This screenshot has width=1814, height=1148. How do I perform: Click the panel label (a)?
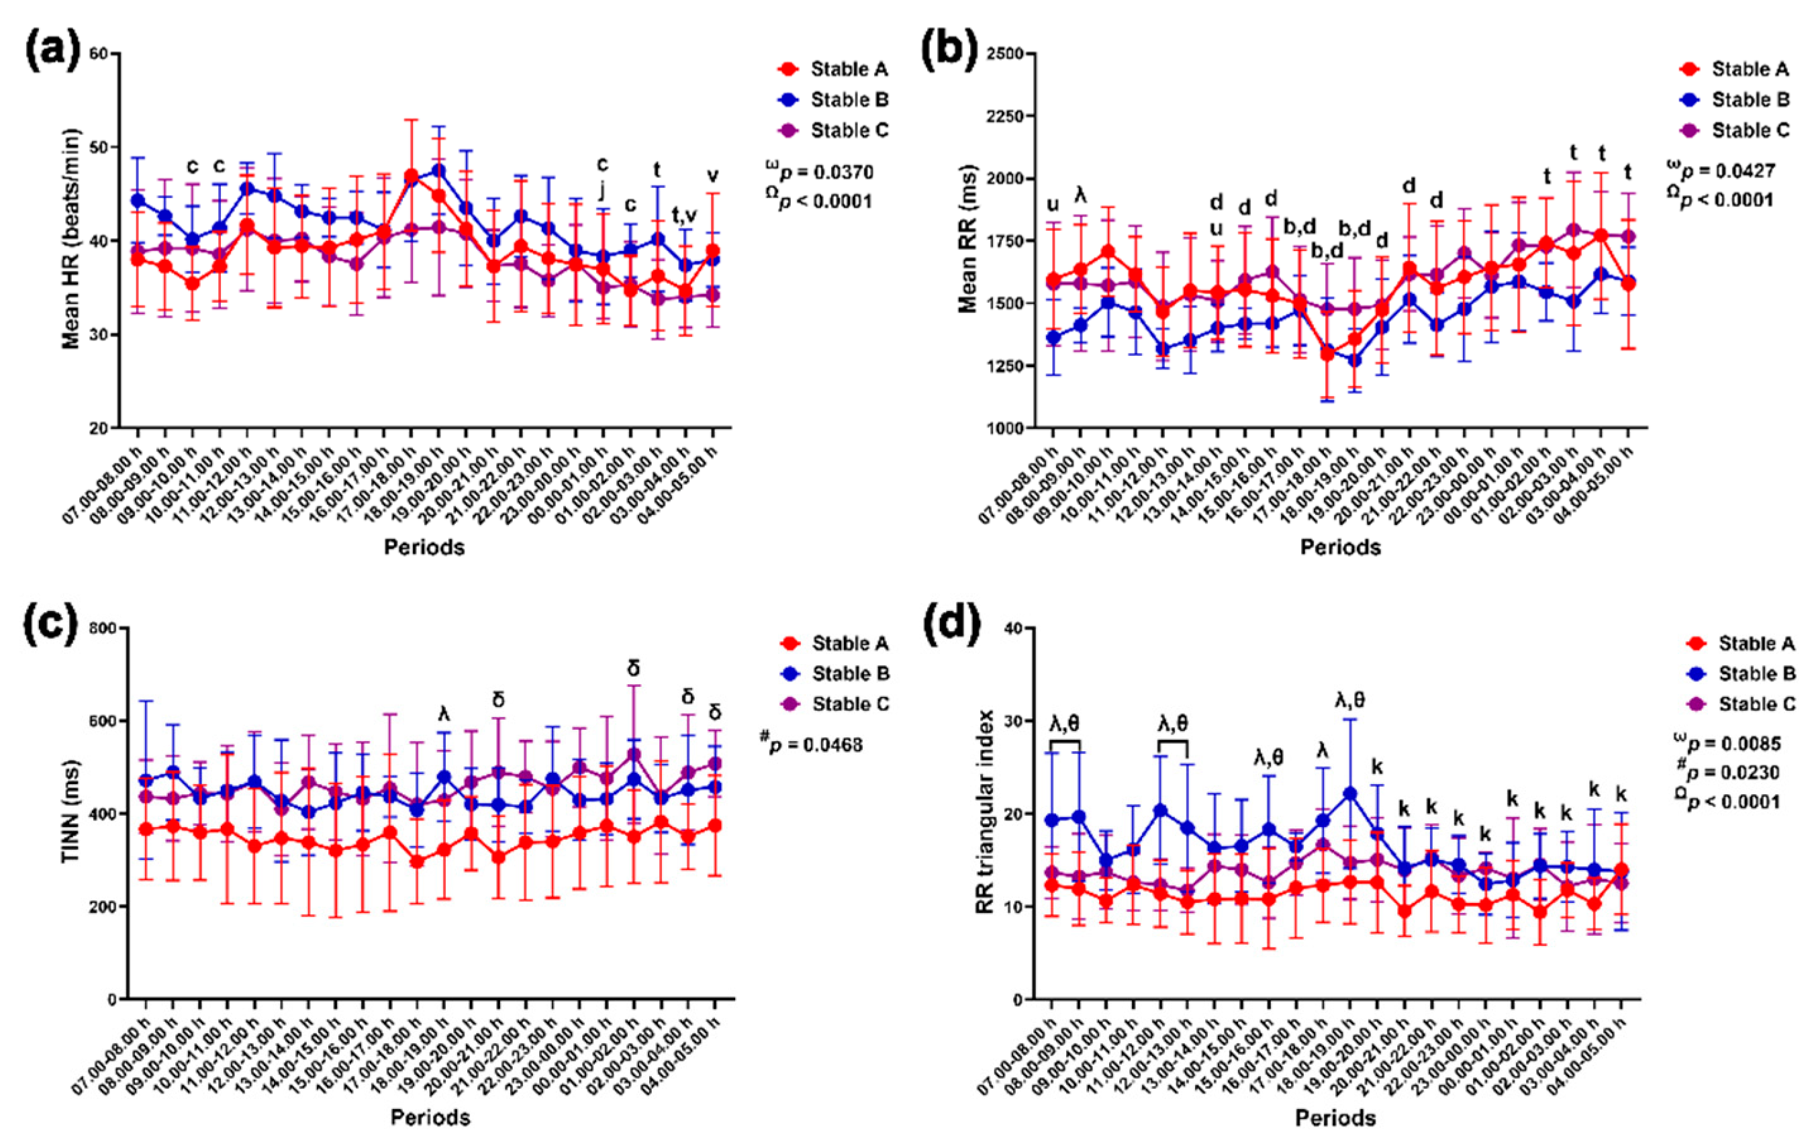(52, 50)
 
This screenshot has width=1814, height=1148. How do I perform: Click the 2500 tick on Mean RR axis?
(1005, 54)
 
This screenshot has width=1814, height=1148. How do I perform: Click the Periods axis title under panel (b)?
(1340, 547)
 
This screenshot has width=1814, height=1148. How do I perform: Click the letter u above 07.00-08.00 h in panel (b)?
(1053, 204)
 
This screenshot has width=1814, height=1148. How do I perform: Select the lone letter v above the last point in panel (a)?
(712, 175)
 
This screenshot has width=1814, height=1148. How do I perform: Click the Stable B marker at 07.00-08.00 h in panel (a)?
(138, 200)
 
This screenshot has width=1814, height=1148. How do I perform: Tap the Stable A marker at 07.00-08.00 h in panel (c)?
(146, 829)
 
